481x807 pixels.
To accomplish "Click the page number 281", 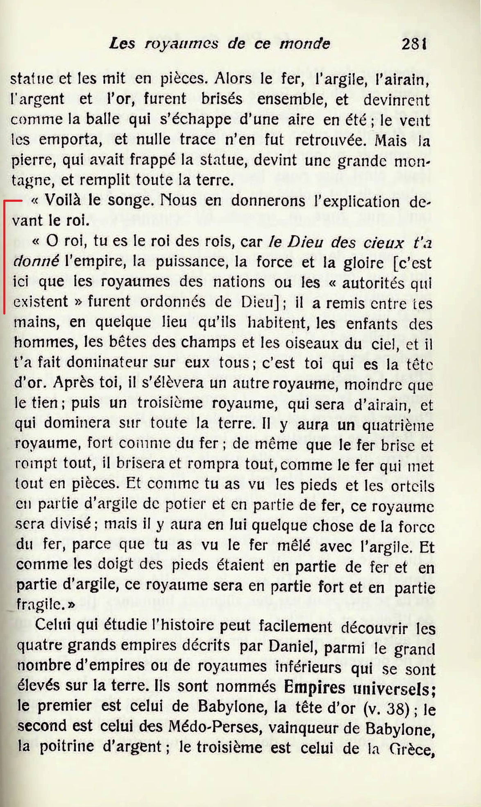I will (x=414, y=43).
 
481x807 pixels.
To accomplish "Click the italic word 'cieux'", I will (x=383, y=243).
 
